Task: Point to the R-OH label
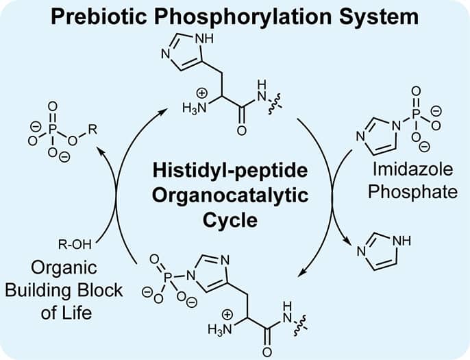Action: coord(76,241)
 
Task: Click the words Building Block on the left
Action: coord(64,289)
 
